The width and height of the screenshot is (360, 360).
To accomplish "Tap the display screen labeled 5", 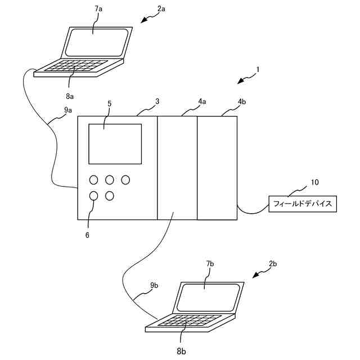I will point(115,144).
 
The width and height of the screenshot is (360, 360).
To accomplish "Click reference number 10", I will point(315,182).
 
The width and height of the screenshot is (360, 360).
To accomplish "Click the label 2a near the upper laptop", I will point(161,10).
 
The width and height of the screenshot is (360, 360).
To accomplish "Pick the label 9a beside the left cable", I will point(68,110).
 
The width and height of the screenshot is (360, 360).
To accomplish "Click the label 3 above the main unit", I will point(157,101).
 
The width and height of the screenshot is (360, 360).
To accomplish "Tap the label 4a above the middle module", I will point(202,102).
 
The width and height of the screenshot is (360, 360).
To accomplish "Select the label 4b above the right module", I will point(241,102).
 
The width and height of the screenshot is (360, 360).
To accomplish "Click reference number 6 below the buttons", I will point(87,235).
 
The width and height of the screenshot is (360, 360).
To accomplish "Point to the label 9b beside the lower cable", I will point(154,286).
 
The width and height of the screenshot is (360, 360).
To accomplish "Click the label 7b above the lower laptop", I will point(210,263).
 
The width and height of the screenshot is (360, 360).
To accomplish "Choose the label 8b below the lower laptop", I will point(181,351).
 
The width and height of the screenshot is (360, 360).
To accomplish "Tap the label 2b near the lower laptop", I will point(273,263).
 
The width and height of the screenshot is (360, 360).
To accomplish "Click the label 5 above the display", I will point(109,103).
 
